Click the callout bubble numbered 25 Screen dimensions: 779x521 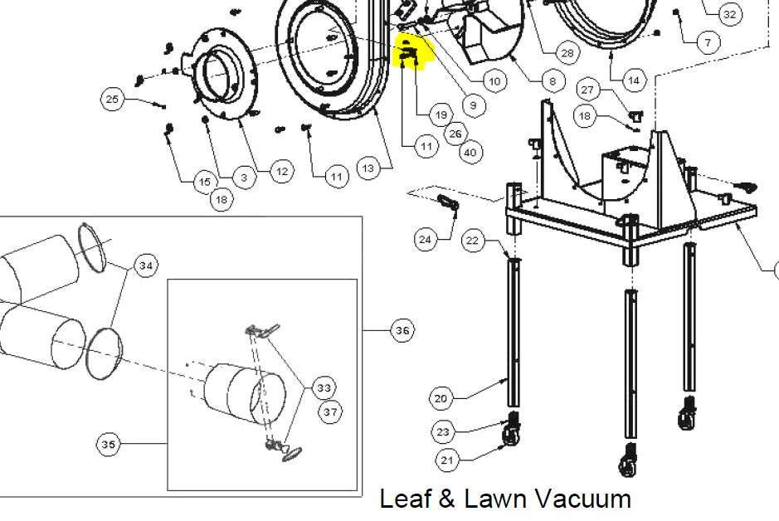pyautogui.click(x=113, y=100)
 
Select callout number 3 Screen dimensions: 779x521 pyautogui.click(x=244, y=178)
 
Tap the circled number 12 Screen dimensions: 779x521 pyautogui.click(x=282, y=172)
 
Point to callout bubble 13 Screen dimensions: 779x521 pyautogui.click(x=368, y=168)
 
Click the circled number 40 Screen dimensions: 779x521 pyautogui.click(x=470, y=152)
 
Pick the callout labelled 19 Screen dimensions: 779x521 pyautogui.click(x=441, y=115)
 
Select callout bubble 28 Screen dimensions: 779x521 pyautogui.click(x=567, y=53)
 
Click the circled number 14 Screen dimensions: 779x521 pyautogui.click(x=634, y=80)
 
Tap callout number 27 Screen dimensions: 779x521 pyautogui.click(x=587, y=90)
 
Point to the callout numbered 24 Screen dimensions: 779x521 pyautogui.click(x=426, y=240)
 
